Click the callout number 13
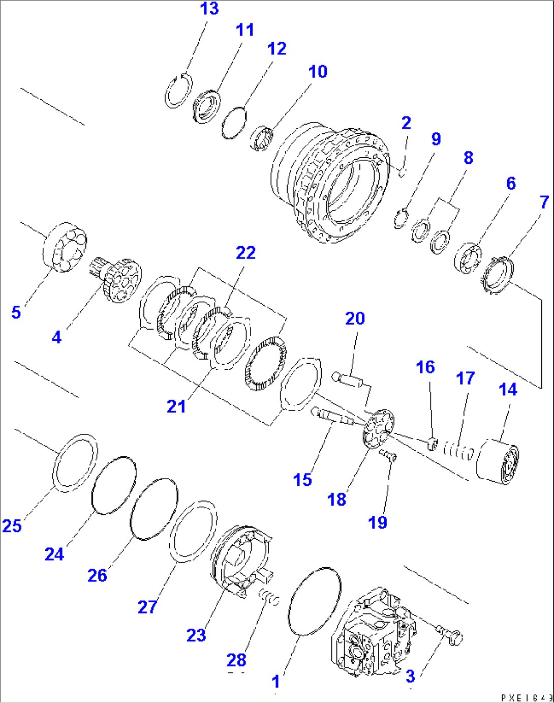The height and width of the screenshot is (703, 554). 209,9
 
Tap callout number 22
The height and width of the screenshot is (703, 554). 245,253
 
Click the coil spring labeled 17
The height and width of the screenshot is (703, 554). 458,450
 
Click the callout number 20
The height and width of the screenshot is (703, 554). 355,318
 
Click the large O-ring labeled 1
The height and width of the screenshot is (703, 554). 314,601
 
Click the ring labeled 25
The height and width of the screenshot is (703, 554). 76,462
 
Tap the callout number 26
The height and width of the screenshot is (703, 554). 97,575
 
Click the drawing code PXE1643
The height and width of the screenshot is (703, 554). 526,697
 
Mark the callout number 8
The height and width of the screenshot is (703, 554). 468,158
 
